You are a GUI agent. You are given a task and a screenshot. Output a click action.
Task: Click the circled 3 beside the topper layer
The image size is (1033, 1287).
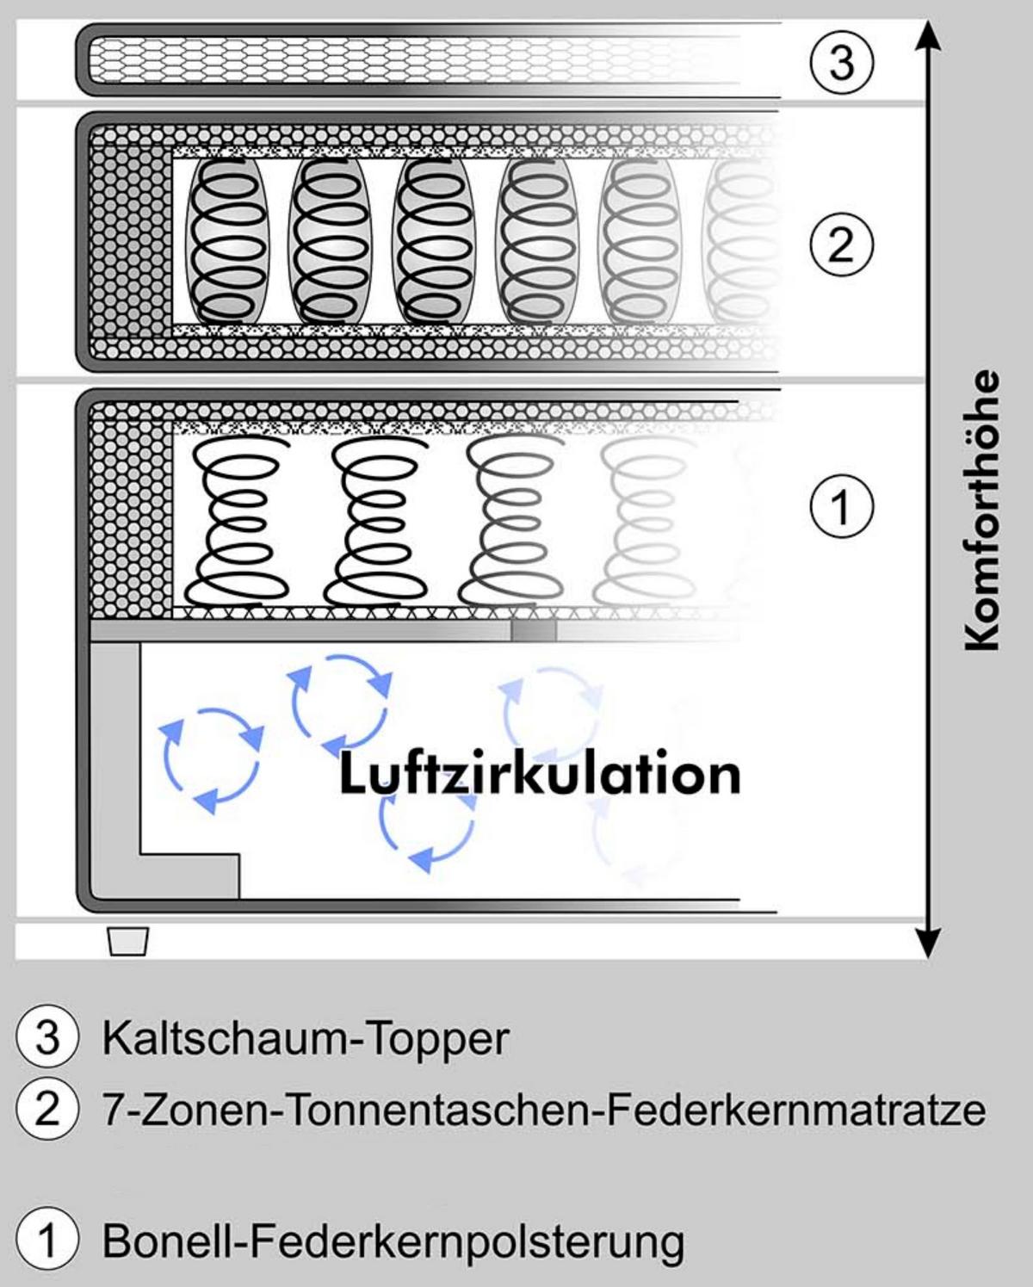click(x=842, y=62)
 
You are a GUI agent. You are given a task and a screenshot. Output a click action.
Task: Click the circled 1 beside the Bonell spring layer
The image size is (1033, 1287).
click(x=842, y=506)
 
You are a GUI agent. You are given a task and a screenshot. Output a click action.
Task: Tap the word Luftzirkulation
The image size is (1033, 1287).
click(x=540, y=775)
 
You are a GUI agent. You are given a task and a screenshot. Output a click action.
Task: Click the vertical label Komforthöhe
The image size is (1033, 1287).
click(x=981, y=510)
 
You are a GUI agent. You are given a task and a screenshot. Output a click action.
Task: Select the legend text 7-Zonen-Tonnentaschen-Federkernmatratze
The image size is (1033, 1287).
click(x=544, y=1111)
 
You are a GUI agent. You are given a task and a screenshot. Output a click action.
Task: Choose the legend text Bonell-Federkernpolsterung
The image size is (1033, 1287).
click(x=393, y=1239)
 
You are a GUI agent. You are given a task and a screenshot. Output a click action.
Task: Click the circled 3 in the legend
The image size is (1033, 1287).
click(x=47, y=1039)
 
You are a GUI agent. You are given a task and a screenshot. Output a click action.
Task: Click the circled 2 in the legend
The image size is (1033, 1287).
click(x=47, y=1110)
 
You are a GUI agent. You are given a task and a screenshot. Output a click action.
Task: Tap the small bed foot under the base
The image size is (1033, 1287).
click(x=128, y=941)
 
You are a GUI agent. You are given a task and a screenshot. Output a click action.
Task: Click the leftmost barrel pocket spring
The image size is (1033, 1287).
click(x=228, y=241)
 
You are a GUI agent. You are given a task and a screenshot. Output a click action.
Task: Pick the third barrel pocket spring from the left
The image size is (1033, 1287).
click(x=434, y=241)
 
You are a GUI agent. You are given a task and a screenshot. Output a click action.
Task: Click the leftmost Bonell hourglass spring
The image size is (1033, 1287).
click(x=236, y=522)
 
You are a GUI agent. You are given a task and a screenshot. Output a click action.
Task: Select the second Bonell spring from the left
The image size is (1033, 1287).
click(x=374, y=522)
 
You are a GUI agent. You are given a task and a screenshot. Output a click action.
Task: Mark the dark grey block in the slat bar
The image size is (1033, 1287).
click(x=534, y=630)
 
